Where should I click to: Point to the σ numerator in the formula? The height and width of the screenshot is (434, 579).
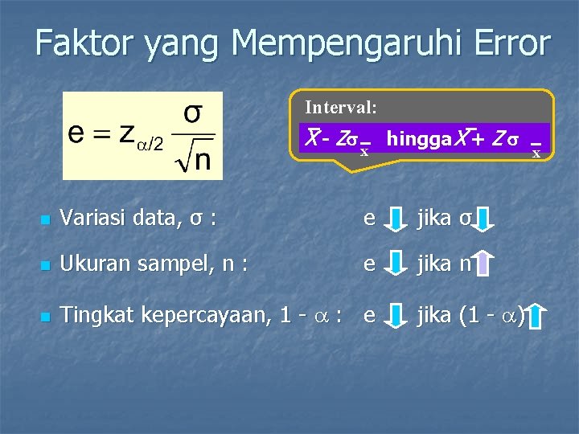click(193, 113)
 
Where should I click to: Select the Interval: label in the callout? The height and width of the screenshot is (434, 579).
click(341, 106)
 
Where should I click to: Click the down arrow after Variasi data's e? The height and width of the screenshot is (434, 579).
click(396, 218)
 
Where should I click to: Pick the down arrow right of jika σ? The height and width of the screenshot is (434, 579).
click(485, 218)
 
